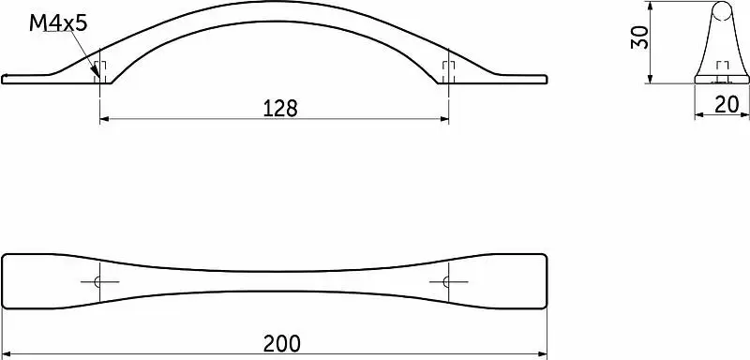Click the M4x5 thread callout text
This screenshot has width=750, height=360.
58,22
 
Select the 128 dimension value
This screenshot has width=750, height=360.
280,109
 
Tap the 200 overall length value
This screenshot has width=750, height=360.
282,343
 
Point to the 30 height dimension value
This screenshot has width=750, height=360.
639,37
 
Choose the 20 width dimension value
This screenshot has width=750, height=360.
727,105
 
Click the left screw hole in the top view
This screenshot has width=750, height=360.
98,282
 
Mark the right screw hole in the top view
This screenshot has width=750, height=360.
447,282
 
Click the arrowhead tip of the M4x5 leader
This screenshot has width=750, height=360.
98,78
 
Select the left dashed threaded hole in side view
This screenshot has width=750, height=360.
100,72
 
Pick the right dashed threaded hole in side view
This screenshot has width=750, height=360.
448,72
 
